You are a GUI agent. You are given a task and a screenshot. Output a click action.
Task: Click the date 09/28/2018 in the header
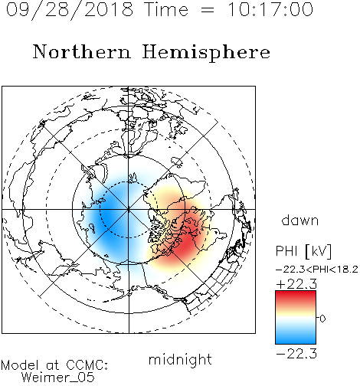(x=70, y=10)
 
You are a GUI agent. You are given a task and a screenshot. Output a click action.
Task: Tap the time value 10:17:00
(x=270, y=9)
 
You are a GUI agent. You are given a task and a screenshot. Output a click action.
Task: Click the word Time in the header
(x=166, y=9)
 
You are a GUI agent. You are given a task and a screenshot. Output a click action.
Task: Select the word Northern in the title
(x=82, y=52)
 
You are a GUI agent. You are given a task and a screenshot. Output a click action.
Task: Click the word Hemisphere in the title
(x=206, y=53)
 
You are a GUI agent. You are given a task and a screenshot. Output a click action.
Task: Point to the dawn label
(x=300, y=220)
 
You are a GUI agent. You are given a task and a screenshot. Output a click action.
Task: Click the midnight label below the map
(x=180, y=359)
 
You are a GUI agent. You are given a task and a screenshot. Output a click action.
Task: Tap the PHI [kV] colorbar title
(x=303, y=251)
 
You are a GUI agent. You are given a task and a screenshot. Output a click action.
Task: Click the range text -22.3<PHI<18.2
(x=317, y=270)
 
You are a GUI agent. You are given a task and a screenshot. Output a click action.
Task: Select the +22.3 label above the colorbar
(x=296, y=284)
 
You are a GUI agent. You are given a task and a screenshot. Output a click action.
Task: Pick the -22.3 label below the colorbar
(x=296, y=354)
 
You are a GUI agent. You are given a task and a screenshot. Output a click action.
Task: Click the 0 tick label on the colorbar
(x=322, y=319)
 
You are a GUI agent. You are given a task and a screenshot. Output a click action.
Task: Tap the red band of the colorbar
(x=296, y=297)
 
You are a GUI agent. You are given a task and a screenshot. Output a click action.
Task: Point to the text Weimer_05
(x=58, y=378)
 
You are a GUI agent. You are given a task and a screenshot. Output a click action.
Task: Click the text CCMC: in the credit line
(x=87, y=365)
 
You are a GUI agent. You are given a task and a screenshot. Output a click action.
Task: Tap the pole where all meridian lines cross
(x=129, y=209)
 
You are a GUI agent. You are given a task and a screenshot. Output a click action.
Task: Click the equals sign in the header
(x=207, y=11)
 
